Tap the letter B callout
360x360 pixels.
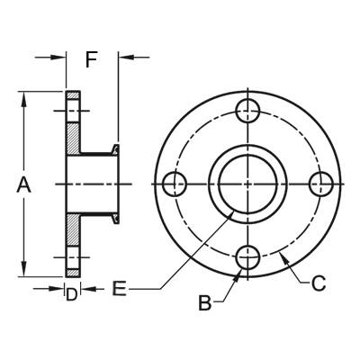point(204,303)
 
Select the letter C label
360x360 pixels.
point(318,284)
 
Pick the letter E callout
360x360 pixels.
point(120,289)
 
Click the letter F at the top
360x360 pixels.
point(91,60)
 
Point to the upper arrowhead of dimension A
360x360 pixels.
point(24,97)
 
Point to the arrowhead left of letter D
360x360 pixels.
point(59,288)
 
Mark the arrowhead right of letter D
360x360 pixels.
point(84,288)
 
